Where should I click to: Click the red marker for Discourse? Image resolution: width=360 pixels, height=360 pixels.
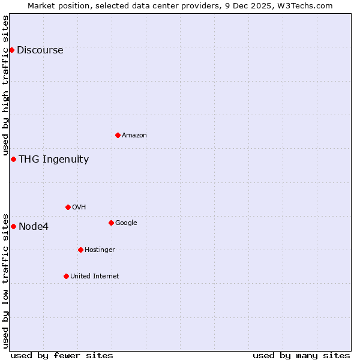coord(11,50)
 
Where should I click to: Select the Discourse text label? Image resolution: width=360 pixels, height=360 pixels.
coord(40,50)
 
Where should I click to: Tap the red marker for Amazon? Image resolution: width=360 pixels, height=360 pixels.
coord(118,135)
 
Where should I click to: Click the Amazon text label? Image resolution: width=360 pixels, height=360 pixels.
coord(134,136)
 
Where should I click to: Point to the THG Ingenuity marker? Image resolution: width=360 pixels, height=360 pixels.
coord(13,159)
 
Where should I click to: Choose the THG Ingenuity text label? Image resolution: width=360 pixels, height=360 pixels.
coord(53,160)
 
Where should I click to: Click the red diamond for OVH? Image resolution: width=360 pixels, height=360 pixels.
coord(68,207)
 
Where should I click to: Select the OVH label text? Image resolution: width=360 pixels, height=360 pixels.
coord(79,208)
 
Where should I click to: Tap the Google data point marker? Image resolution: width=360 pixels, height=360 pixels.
coord(111,223)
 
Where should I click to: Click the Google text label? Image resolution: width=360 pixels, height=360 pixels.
coord(126,223)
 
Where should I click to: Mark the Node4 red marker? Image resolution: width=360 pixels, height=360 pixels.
coord(13,226)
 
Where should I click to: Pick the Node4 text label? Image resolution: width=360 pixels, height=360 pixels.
coord(34,227)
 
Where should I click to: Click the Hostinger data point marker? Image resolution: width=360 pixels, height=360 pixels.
coord(80,250)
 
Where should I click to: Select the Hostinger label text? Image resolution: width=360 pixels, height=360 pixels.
coord(100,250)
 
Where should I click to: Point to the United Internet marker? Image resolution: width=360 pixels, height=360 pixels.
coord(66,276)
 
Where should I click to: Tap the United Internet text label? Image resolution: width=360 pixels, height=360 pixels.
coord(94,277)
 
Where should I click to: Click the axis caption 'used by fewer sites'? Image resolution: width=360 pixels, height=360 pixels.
coord(62,355)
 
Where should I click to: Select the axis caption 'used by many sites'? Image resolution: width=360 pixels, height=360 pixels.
coord(301,355)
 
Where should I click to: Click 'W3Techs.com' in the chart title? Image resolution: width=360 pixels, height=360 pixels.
coord(305,5)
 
